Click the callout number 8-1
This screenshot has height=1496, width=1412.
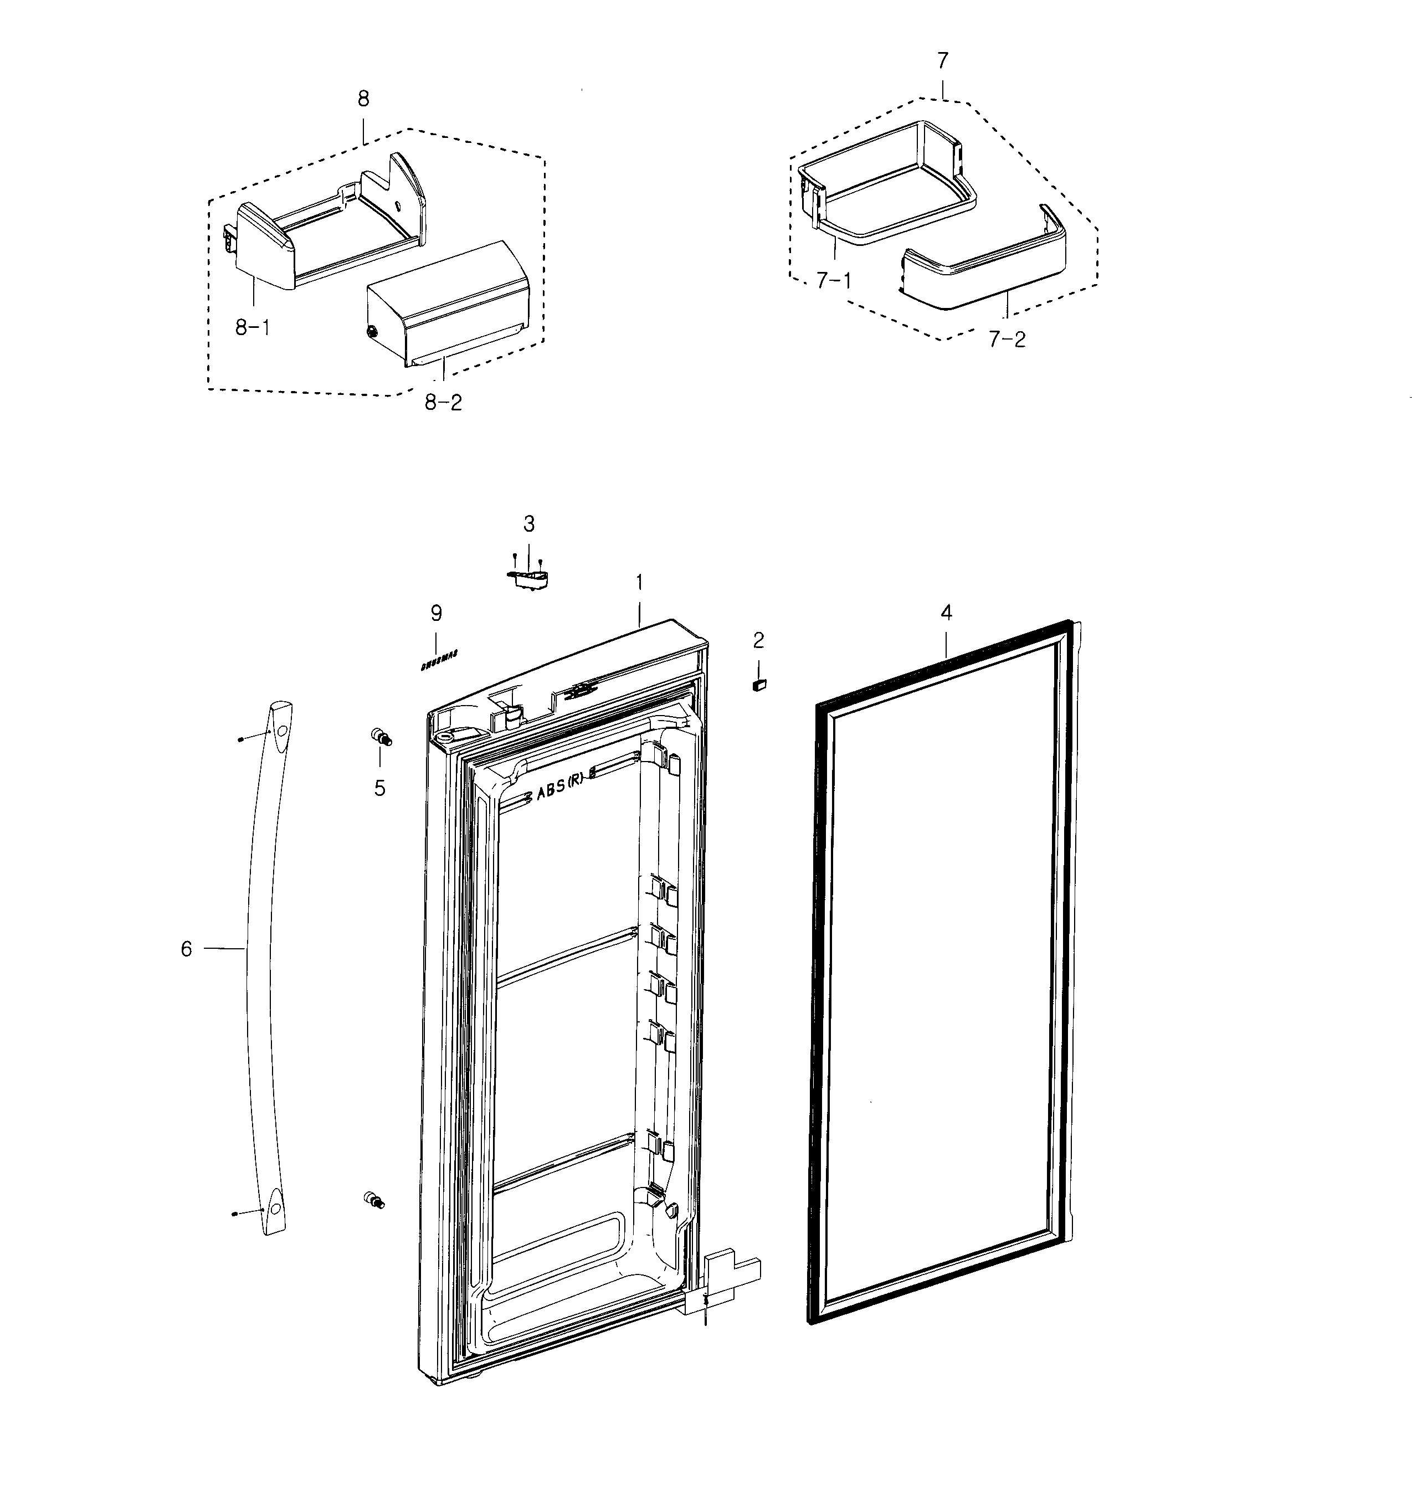pyautogui.click(x=252, y=327)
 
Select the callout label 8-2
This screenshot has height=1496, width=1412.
pyautogui.click(x=443, y=403)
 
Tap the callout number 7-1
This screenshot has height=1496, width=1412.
pyautogui.click(x=834, y=281)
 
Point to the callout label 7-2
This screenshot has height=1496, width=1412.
pyautogui.click(x=1007, y=340)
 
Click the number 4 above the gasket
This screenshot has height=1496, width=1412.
pyautogui.click(x=946, y=613)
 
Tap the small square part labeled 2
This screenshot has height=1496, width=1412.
pyautogui.click(x=759, y=684)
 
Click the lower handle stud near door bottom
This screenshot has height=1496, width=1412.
pyautogui.click(x=373, y=1200)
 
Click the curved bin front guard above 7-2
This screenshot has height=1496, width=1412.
pyautogui.click(x=986, y=267)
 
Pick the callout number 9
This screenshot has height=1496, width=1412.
pyautogui.click(x=437, y=613)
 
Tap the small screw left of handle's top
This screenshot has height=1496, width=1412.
pyautogui.click(x=239, y=740)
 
